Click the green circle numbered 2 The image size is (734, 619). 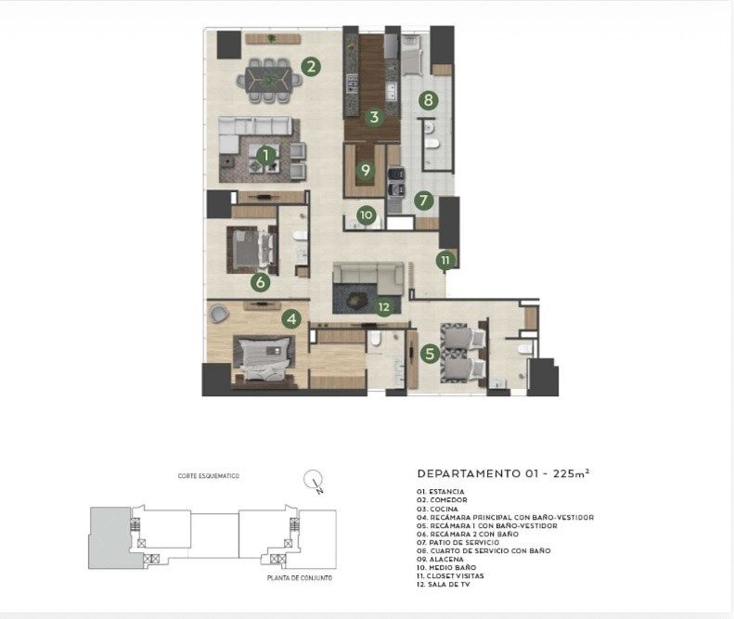[x=311, y=67]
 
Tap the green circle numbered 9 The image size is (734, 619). [x=366, y=170]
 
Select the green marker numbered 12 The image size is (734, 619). [x=384, y=307]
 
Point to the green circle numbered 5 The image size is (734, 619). [x=430, y=354]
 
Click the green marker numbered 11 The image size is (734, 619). [x=444, y=261]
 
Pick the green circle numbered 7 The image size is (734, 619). [x=424, y=200]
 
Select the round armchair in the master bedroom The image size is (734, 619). [x=218, y=314]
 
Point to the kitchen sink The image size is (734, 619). [x=392, y=90]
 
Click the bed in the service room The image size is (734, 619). [x=412, y=56]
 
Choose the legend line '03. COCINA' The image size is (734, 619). [x=438, y=509]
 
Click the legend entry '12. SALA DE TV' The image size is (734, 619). [x=444, y=585]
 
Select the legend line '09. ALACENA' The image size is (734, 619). [x=440, y=559]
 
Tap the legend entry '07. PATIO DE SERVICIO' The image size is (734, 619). [x=457, y=542]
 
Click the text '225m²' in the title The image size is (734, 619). [x=571, y=473]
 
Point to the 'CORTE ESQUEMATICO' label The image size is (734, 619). [x=208, y=476]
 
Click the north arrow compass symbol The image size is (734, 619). [x=313, y=481]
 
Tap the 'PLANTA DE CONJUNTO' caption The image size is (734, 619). [x=300, y=578]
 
